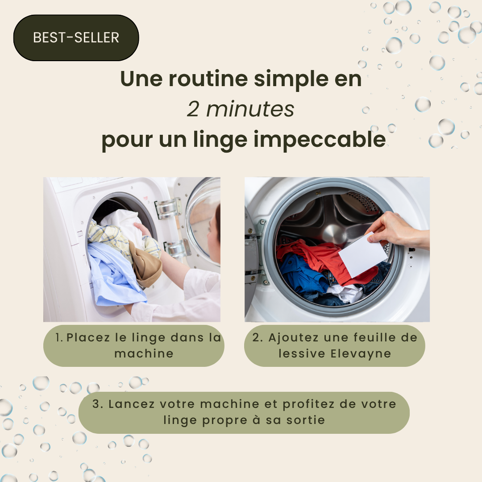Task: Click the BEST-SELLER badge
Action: click(x=76, y=37)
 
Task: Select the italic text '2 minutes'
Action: click(x=241, y=109)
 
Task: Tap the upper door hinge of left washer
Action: click(x=168, y=208)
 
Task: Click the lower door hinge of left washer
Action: click(x=176, y=248)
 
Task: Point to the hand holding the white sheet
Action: click(x=397, y=229)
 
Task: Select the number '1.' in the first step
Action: click(x=59, y=337)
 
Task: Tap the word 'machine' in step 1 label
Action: click(x=144, y=353)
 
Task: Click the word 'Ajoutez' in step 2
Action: click(x=293, y=338)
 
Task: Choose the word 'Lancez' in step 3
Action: click(x=132, y=404)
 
